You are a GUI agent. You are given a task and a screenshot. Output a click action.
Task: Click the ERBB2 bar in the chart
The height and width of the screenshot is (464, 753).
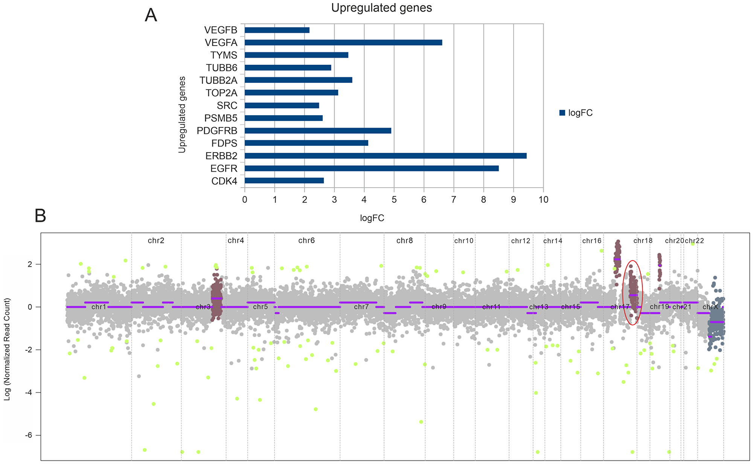[x=386, y=156]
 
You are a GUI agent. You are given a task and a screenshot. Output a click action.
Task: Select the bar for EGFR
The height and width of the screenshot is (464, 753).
[x=372, y=168]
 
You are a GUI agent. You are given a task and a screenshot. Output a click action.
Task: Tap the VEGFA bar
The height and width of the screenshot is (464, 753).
[x=343, y=43]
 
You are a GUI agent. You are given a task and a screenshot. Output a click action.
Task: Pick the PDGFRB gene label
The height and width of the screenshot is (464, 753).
[x=217, y=131]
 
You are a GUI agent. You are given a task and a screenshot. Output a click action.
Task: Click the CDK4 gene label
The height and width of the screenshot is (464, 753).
[x=224, y=181]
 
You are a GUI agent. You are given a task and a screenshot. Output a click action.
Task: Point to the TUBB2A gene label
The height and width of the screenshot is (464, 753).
[x=219, y=80]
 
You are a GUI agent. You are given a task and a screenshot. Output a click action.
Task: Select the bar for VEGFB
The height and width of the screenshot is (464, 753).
[x=277, y=30]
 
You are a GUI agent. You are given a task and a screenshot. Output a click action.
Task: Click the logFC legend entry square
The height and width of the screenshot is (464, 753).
[x=562, y=113]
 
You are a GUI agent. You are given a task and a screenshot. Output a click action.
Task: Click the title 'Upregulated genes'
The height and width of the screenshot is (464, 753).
[x=381, y=8]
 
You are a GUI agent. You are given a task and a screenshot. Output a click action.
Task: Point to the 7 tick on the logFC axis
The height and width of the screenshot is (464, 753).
[x=454, y=200]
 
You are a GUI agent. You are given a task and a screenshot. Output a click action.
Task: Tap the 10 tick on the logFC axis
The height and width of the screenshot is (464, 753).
[x=543, y=200]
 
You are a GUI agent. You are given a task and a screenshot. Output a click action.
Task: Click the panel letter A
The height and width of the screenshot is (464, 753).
[x=151, y=16]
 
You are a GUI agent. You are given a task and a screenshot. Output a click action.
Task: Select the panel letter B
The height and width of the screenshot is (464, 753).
[x=40, y=216]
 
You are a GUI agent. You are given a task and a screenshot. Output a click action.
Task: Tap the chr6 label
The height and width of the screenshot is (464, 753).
[x=306, y=241]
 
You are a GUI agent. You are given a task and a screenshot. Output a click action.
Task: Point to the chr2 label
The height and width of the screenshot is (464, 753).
[x=156, y=241]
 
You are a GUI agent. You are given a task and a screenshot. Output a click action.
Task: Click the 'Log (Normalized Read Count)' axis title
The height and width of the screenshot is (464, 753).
[x=7, y=349]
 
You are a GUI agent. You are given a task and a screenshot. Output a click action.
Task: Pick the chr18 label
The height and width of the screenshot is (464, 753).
[x=643, y=241]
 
